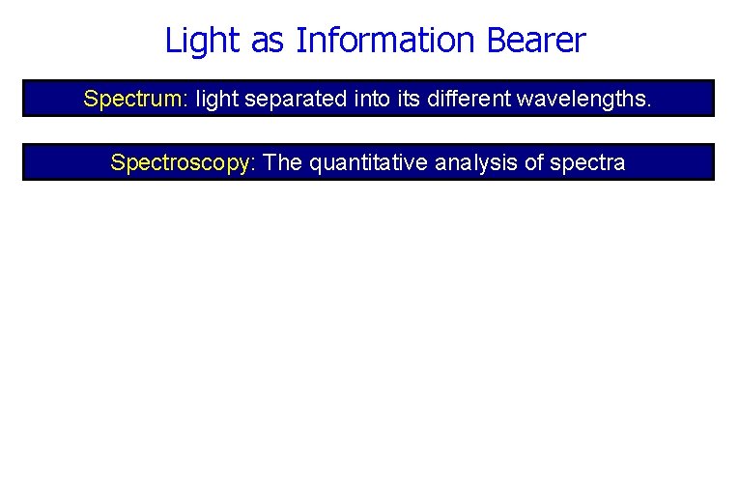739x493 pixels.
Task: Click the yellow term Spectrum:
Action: coord(136,99)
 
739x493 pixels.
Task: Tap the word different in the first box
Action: coord(478,99)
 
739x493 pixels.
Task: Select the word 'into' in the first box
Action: coord(370,99)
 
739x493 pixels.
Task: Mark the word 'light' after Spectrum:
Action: coord(216,99)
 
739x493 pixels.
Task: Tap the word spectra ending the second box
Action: coord(587,162)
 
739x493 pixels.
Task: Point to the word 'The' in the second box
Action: coord(283,162)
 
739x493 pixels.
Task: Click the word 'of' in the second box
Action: coord(534,162)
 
